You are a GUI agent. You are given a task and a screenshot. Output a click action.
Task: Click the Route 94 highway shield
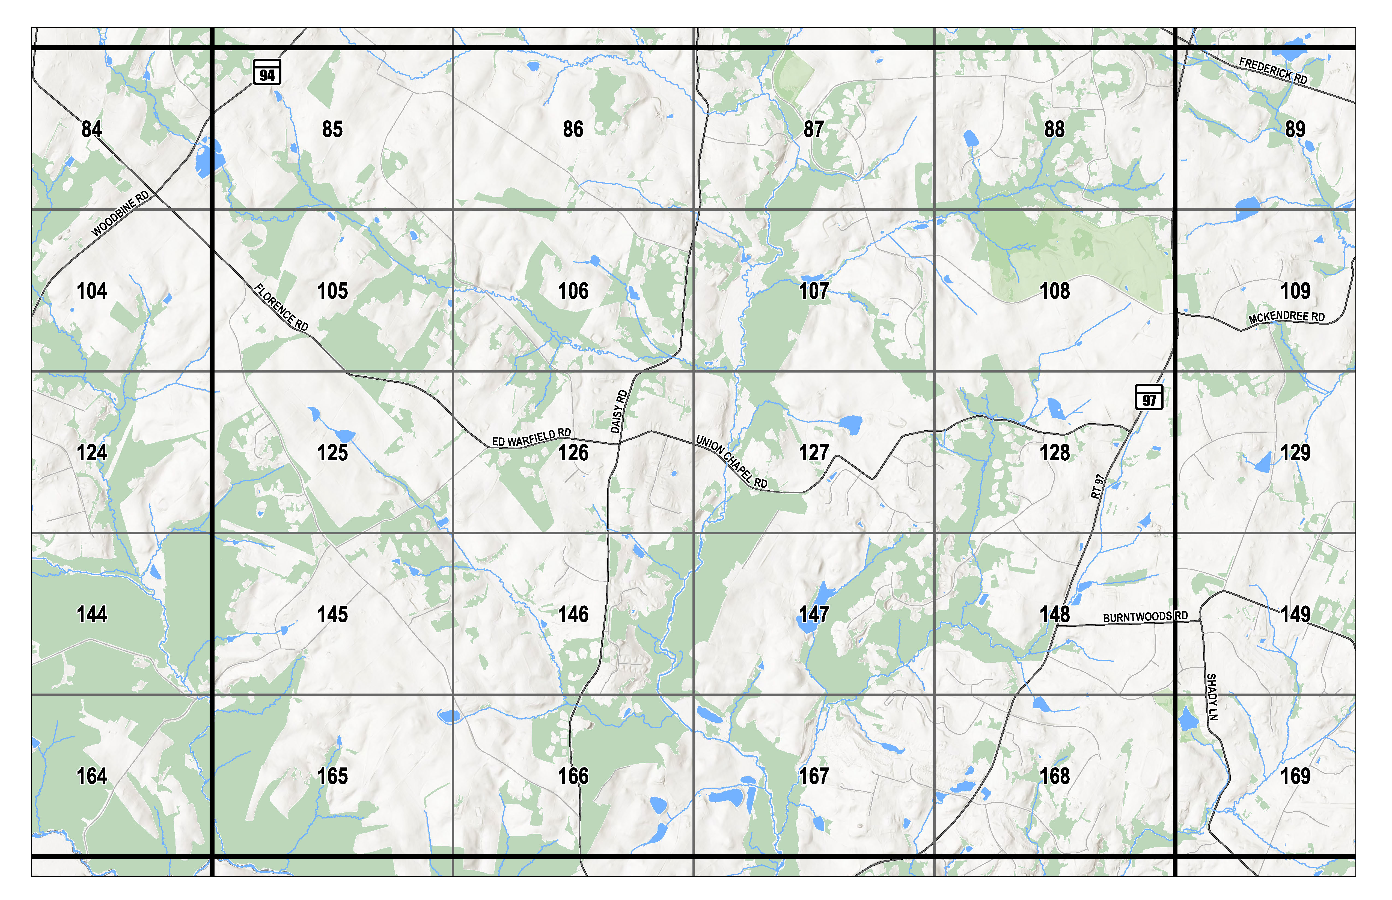[x=267, y=73]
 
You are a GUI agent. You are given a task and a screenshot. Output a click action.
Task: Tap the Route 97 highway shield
[x=1149, y=397]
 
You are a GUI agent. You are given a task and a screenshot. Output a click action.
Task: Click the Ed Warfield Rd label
[x=531, y=437]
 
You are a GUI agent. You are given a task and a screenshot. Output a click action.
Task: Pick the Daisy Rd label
[x=619, y=412]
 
